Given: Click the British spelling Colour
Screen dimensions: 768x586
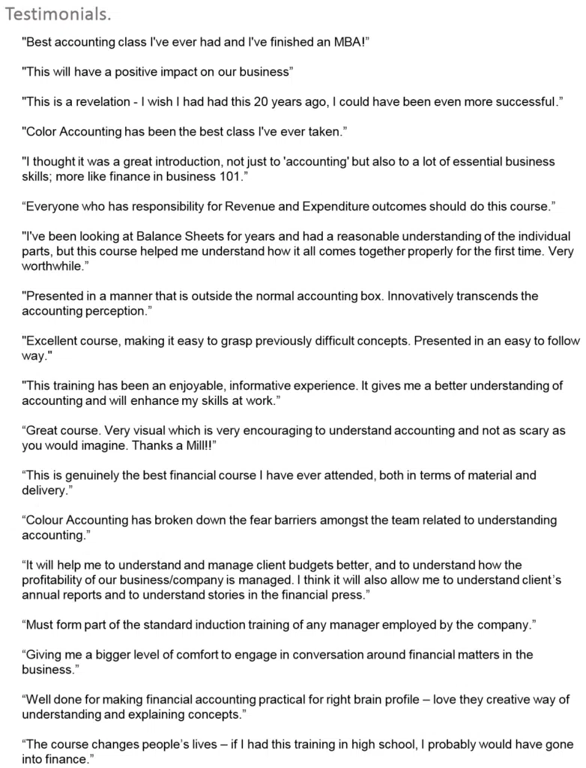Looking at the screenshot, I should coord(47,520).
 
